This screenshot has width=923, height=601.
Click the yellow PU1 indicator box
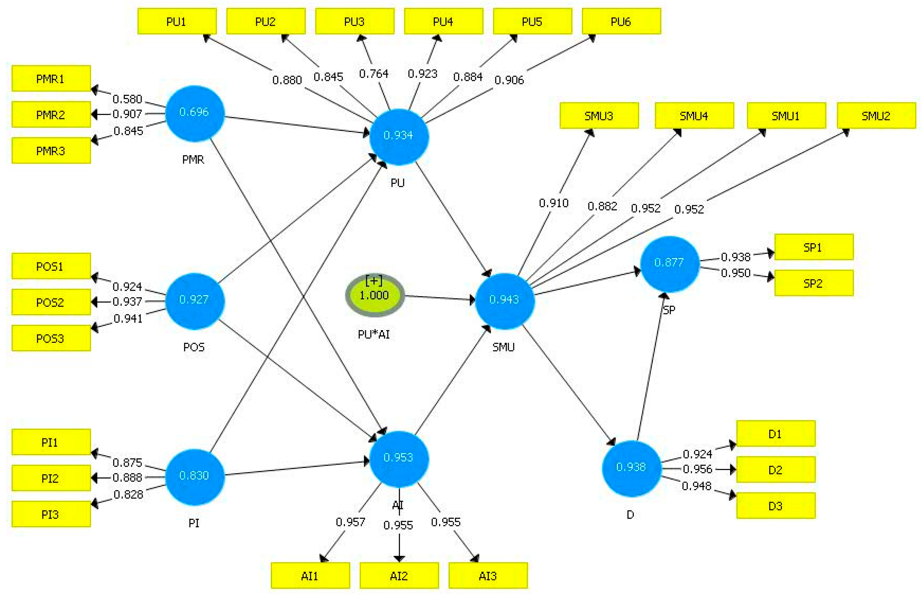177,21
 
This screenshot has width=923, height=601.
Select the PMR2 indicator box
51,114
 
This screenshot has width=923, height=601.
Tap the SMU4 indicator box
694,116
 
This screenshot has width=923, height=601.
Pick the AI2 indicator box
399,576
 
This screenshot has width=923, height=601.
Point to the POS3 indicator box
51,338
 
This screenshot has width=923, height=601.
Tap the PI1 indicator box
51,442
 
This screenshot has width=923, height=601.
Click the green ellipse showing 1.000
375,295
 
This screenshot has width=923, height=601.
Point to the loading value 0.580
127,99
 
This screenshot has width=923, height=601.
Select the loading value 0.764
373,74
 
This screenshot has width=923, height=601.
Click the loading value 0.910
554,203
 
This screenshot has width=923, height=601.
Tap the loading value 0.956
697,469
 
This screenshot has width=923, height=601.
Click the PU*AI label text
374,334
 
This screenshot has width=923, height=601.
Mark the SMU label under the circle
504,347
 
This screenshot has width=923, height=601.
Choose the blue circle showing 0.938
631,468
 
